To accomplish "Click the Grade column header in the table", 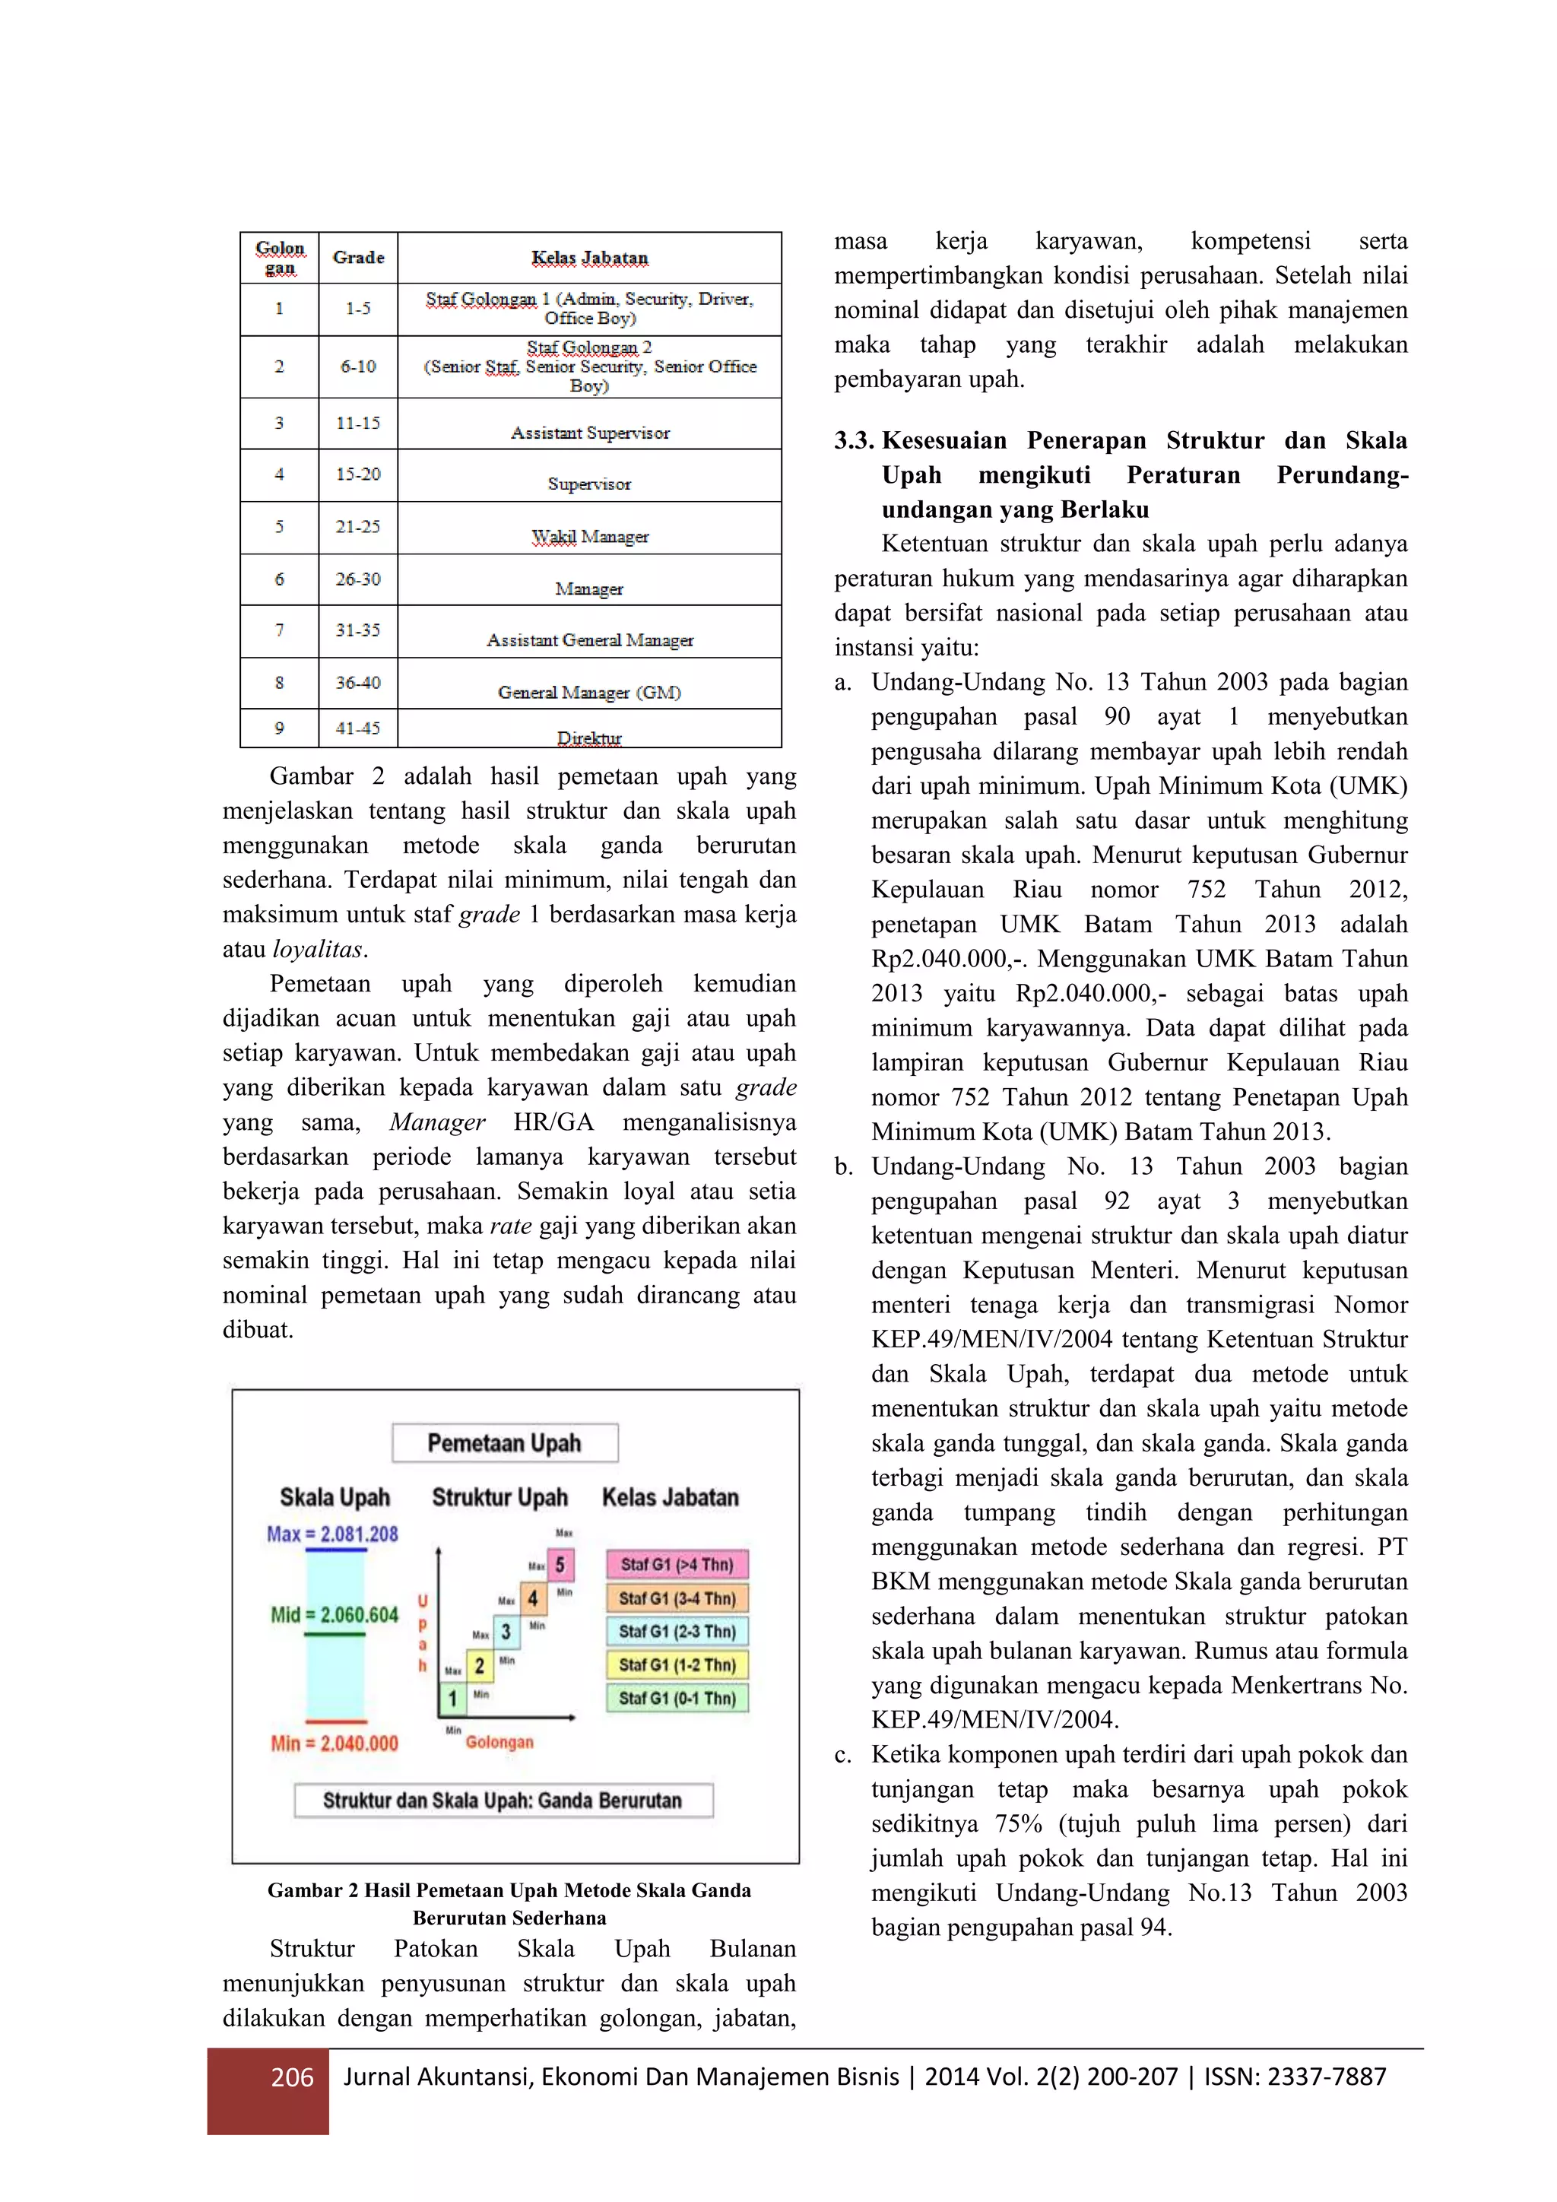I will (x=357, y=257).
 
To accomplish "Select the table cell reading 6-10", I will (x=357, y=366).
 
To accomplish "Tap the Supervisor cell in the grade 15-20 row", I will (x=588, y=484).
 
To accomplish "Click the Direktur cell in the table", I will (x=588, y=737).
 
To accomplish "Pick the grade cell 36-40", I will (x=357, y=682).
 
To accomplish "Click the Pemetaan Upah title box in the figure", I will (x=504, y=1442).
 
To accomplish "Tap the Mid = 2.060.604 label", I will (x=334, y=1614).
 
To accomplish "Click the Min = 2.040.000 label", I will (x=334, y=1743).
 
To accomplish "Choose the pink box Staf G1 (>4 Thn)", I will (x=677, y=1564).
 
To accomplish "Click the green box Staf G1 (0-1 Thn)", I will (x=677, y=1698).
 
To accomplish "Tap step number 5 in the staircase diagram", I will (x=560, y=1565).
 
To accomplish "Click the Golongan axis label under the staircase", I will (x=499, y=1742).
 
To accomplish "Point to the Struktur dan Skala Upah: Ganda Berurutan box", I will (x=503, y=1801).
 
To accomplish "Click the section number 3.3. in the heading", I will (x=853, y=440).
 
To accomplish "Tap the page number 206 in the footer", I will (x=293, y=2077).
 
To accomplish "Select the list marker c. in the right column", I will (x=842, y=1755).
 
